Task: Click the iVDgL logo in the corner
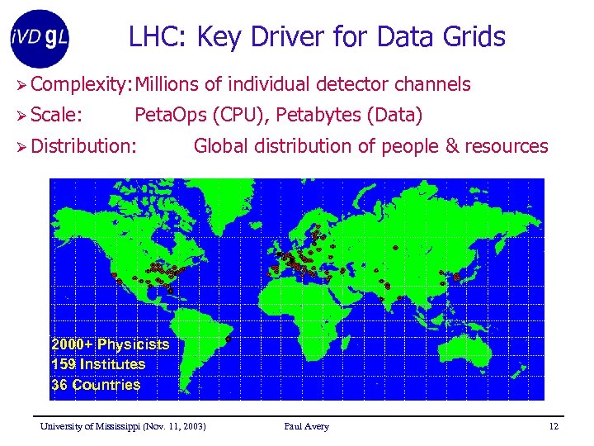39,37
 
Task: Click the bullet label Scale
63,115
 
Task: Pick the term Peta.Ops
170,115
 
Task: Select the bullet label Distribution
84,146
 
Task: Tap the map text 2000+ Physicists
110,344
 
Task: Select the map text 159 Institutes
98,364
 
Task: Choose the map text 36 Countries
96,385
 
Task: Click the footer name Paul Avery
306,426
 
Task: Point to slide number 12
554,426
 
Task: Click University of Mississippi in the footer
92,426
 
